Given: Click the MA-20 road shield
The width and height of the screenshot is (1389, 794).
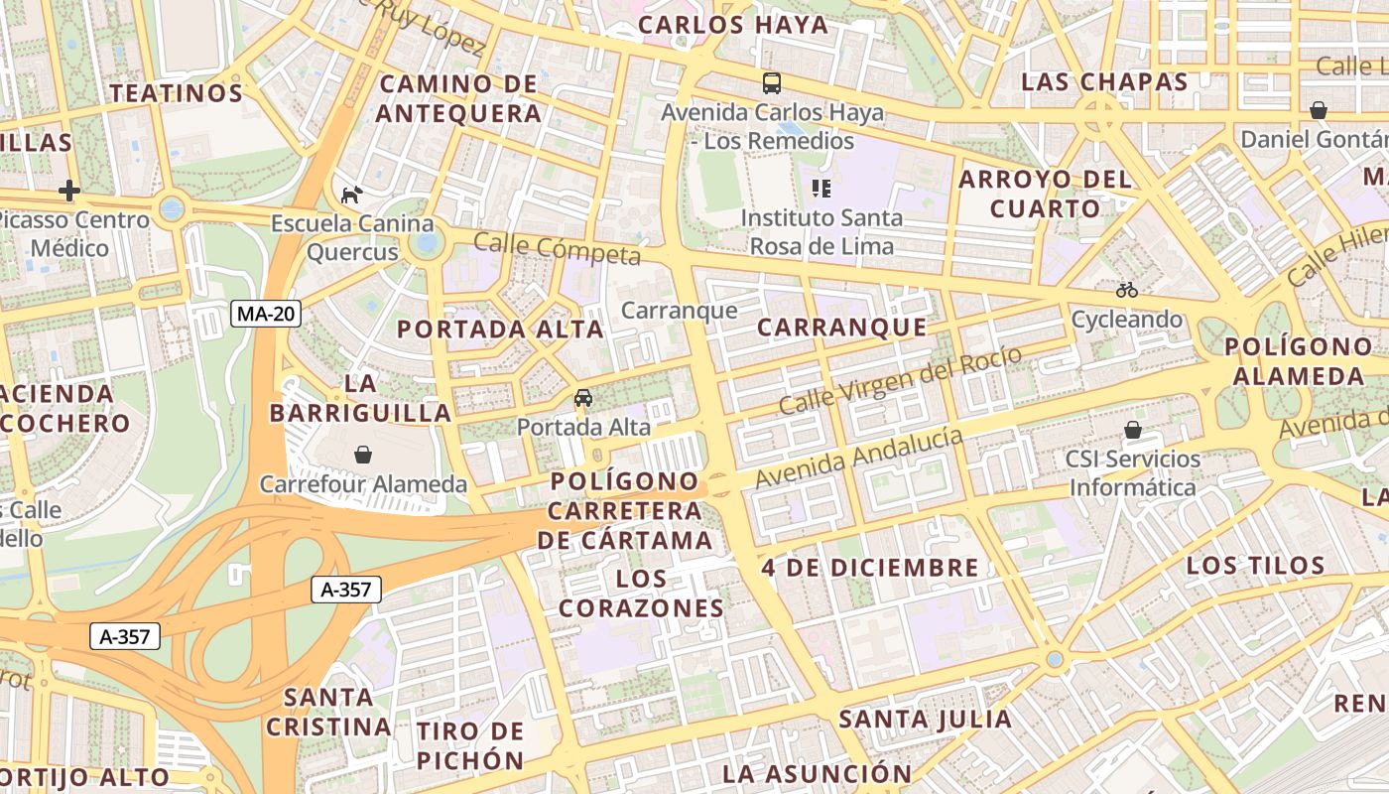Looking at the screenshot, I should click(266, 315).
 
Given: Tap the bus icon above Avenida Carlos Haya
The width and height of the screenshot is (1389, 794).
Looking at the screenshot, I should click(772, 83).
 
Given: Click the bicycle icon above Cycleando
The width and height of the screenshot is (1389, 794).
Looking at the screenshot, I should click(1126, 290).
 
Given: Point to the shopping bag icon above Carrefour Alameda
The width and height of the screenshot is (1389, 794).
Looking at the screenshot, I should click(363, 455).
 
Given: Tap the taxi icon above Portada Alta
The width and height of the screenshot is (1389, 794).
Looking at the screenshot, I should click(583, 398).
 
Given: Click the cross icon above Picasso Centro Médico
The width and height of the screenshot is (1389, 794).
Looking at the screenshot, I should click(69, 190).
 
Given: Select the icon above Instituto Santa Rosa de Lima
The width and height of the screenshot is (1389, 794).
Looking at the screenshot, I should click(821, 188).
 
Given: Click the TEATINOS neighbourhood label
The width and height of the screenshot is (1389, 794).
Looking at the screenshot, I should click(177, 93).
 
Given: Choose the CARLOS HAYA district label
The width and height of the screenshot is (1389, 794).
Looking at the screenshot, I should click(733, 25).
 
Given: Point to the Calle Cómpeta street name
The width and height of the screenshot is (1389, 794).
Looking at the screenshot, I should click(557, 248).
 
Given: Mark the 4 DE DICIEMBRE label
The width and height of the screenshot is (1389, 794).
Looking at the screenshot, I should click(870, 568).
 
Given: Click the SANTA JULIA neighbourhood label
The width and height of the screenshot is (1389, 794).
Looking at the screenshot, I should click(925, 719).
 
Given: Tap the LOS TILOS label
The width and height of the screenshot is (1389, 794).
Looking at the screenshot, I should click(1255, 566).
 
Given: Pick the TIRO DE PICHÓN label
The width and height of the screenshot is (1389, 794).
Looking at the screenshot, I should click(470, 746).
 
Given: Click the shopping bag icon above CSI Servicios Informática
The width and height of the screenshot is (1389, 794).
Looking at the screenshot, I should click(1132, 430).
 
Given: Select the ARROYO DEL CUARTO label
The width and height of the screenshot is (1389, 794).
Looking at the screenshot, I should click(1045, 194).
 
